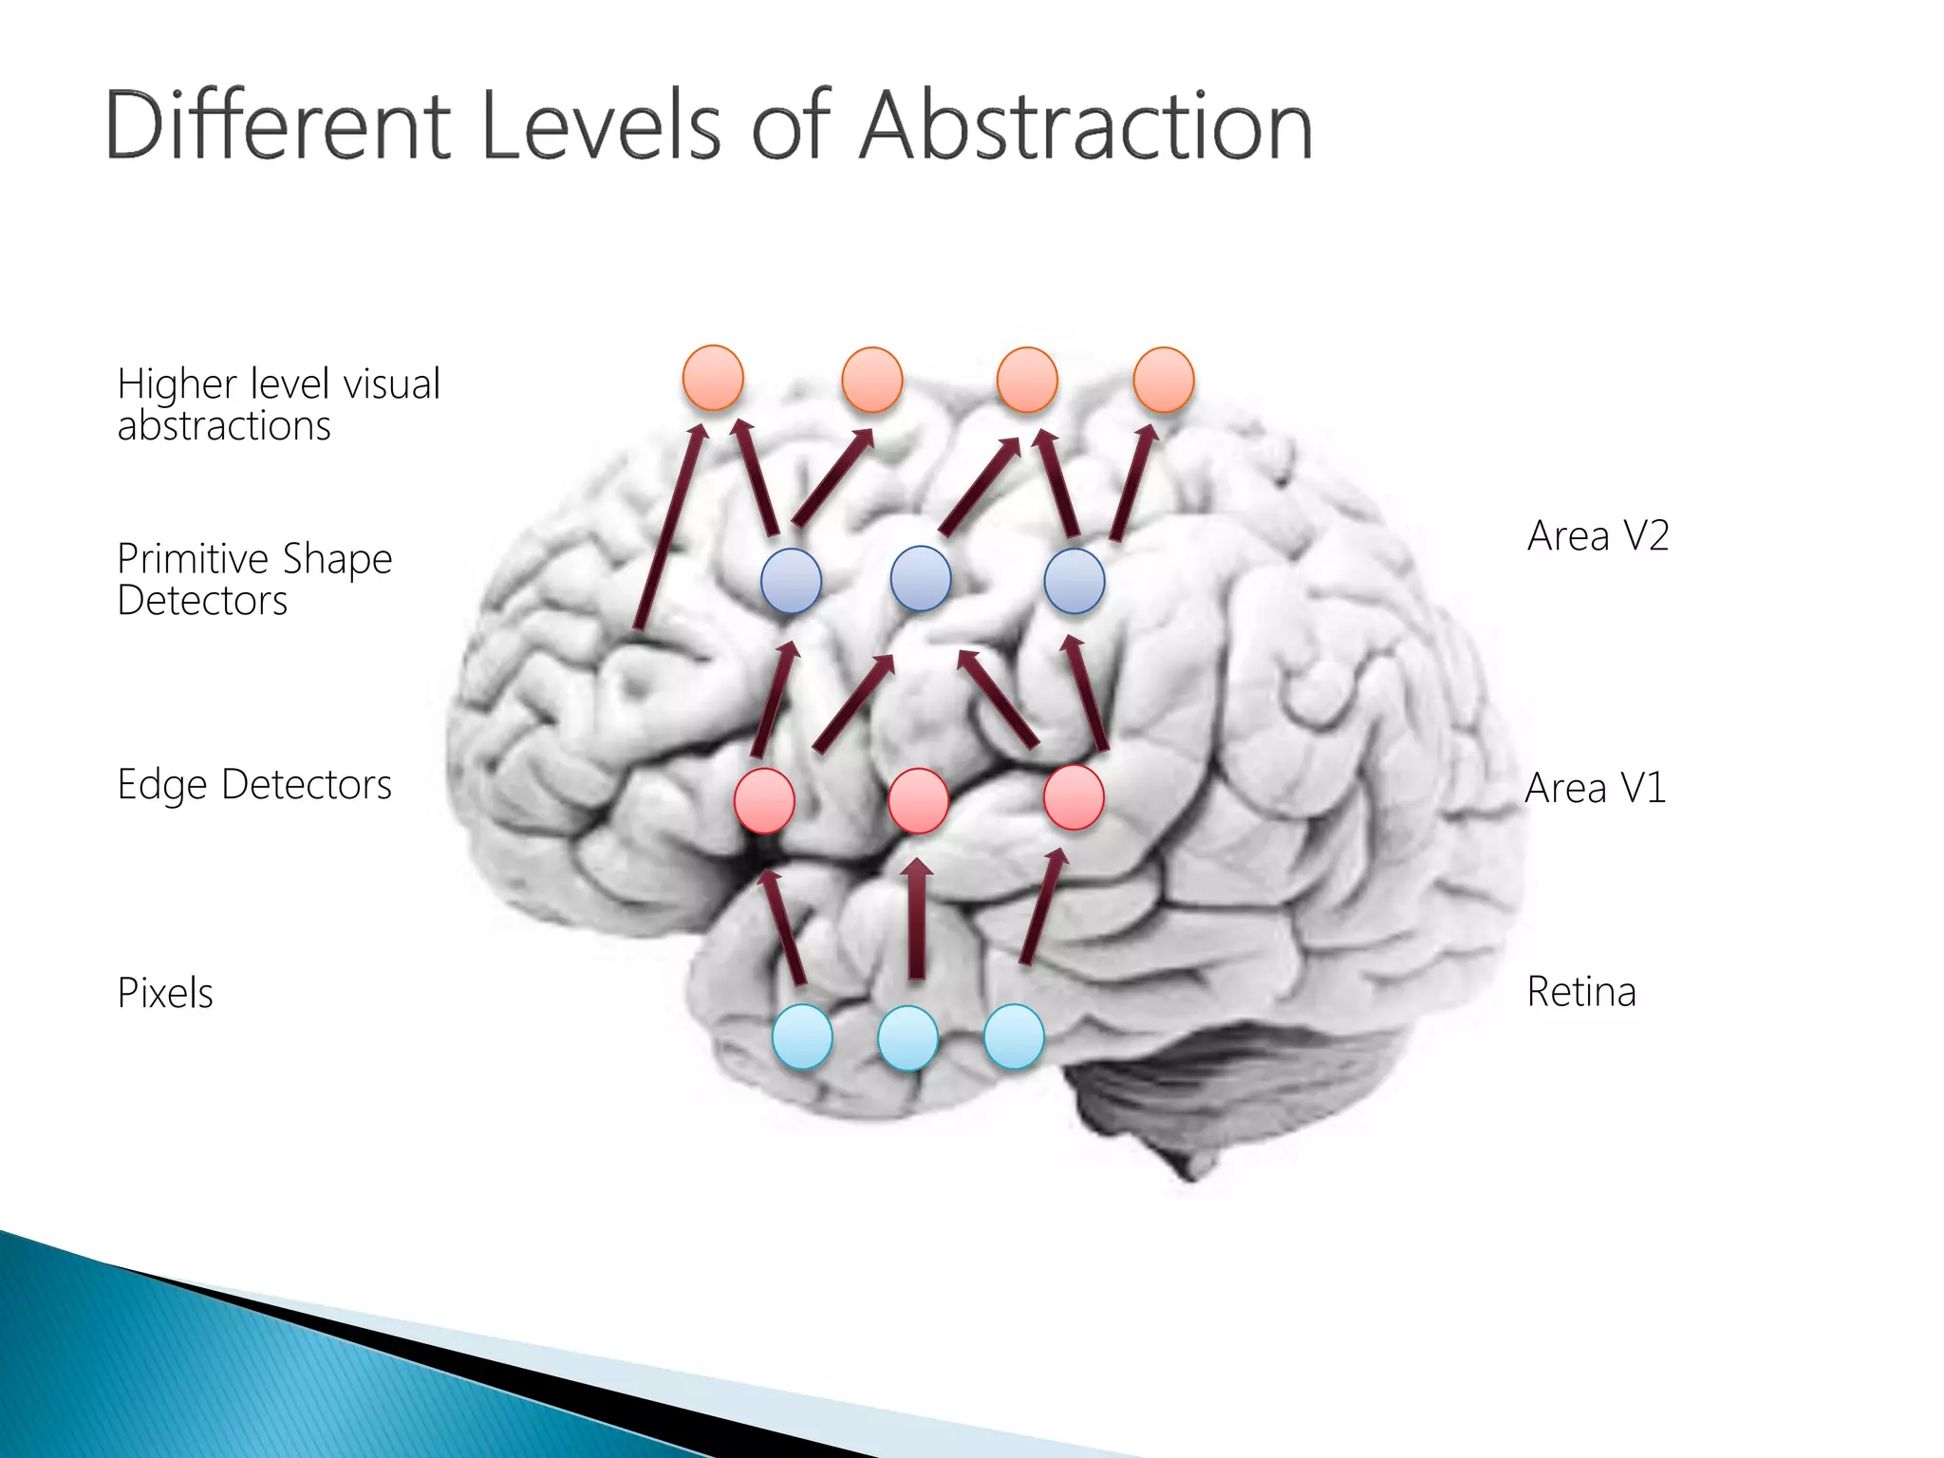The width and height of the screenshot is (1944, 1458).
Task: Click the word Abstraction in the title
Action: [x=1086, y=125]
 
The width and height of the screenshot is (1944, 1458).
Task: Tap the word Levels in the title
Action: [x=601, y=125]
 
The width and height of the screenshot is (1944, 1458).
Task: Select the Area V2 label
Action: [x=1598, y=536]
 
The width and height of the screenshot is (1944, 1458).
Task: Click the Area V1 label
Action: [x=1596, y=788]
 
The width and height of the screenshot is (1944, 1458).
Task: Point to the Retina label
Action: [x=1581, y=992]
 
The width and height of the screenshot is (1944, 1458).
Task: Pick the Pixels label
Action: [x=165, y=993]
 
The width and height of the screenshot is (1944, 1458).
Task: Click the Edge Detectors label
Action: [x=254, y=785]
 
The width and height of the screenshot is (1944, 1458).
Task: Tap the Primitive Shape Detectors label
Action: [x=254, y=579]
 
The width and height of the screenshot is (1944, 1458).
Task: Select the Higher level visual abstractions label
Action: [x=278, y=404]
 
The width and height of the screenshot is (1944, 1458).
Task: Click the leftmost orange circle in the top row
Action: [x=713, y=378]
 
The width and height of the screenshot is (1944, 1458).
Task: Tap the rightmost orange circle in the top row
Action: [x=1164, y=379]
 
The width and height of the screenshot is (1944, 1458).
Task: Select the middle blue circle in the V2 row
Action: [x=921, y=578]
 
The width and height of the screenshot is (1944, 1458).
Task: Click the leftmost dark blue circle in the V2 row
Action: [x=791, y=580]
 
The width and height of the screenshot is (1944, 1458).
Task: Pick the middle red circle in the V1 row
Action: [x=918, y=800]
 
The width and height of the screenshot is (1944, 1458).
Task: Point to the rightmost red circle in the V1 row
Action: [x=1074, y=797]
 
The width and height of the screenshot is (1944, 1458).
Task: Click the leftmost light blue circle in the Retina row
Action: [x=802, y=1037]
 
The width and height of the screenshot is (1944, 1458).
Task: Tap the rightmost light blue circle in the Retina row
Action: [x=1014, y=1037]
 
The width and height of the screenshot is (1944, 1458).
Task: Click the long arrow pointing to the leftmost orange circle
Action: [x=671, y=527]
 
